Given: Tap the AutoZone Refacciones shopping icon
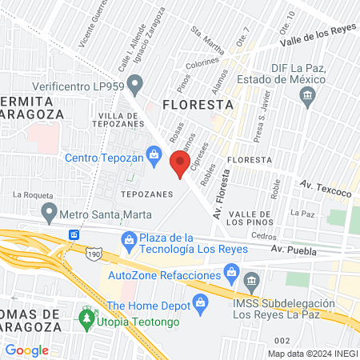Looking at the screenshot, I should (x=231, y=272).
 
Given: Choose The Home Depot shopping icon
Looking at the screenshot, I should (x=200, y=303).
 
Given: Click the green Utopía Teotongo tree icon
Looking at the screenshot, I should (x=86, y=318).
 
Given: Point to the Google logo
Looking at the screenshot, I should (x=27, y=350).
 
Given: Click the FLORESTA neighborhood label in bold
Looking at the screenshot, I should (x=197, y=105).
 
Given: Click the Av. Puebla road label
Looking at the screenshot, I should (x=294, y=250).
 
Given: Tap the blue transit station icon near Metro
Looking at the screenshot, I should (x=74, y=234).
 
